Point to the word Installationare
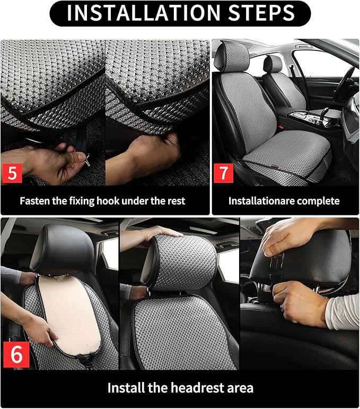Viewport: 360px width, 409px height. coord(263,201)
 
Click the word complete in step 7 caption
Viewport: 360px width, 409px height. coord(319,201)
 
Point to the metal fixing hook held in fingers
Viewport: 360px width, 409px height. coord(84,158)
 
